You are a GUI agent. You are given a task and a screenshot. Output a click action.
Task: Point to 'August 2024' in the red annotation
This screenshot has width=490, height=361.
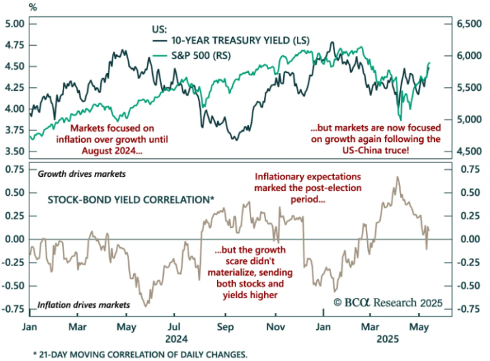[x=109, y=151]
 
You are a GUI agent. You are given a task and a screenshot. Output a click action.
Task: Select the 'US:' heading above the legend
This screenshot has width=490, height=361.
[x=159, y=29]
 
